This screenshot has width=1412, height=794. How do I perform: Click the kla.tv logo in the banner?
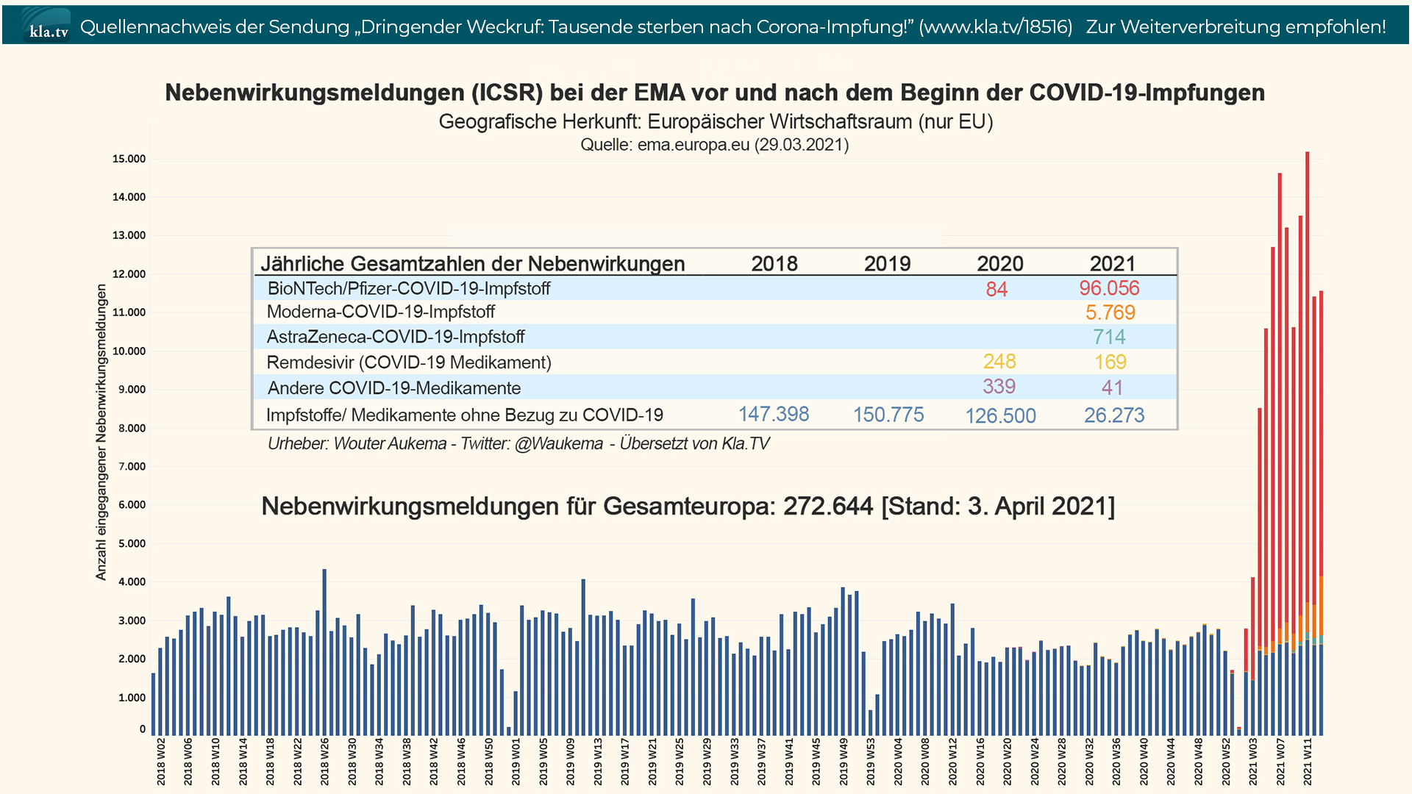click(x=48, y=26)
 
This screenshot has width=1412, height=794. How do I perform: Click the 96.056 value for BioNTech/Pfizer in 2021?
click(x=1109, y=288)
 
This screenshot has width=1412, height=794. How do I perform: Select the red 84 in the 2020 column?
click(x=996, y=289)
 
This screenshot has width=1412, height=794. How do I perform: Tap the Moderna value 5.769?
click(x=1110, y=312)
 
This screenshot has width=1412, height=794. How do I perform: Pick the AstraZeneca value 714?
click(x=1109, y=337)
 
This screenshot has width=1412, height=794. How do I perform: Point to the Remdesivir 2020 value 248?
click(x=999, y=362)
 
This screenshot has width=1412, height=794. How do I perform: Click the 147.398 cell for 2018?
click(x=774, y=415)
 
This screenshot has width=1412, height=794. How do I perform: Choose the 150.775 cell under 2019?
click(x=888, y=415)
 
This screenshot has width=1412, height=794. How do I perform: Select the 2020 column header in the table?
click(x=1000, y=263)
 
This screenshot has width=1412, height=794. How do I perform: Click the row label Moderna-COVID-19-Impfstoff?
click(x=380, y=312)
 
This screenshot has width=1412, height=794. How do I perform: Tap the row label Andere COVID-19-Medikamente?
click(x=393, y=388)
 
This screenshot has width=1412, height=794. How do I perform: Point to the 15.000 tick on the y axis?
click(x=129, y=159)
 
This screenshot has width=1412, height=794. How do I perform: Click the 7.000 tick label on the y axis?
click(x=132, y=466)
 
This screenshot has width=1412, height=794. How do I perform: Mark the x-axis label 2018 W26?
click(x=324, y=762)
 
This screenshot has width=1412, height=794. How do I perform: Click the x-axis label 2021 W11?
click(x=1308, y=762)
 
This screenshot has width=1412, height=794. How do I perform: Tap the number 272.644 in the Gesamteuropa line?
click(x=828, y=507)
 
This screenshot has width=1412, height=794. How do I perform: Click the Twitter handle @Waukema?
click(x=559, y=444)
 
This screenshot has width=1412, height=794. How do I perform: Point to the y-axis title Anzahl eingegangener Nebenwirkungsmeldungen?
click(x=101, y=432)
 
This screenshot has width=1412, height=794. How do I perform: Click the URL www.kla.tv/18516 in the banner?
click(x=996, y=26)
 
